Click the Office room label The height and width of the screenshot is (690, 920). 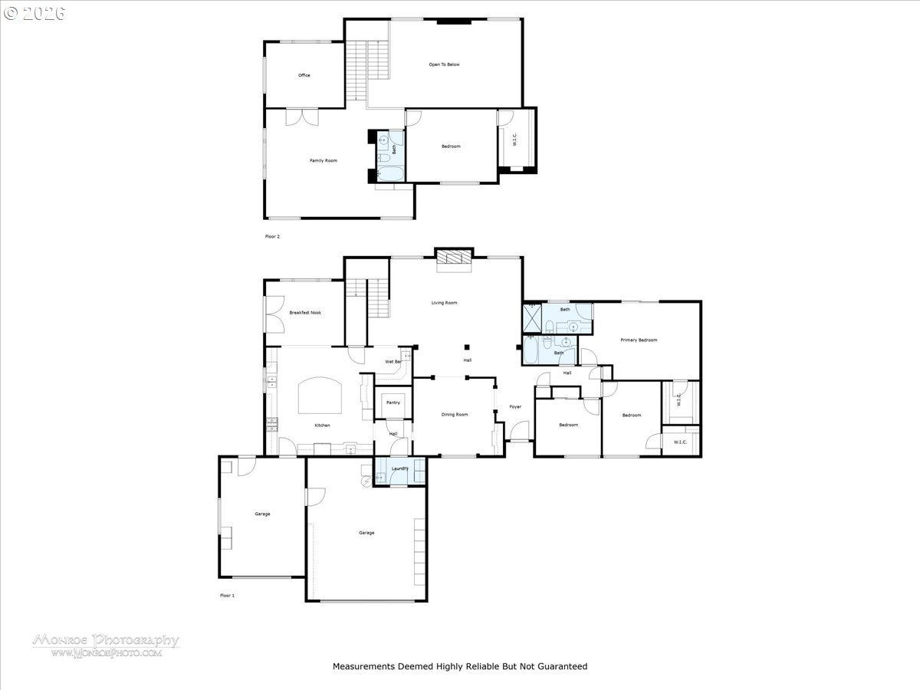[304, 75]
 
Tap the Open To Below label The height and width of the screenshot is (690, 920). [444, 64]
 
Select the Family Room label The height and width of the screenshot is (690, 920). [323, 160]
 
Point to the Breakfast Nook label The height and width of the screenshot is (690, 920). [304, 312]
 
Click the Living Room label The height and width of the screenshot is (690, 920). [444, 303]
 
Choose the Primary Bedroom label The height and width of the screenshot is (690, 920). [639, 340]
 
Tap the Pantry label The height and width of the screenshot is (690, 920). [393, 402]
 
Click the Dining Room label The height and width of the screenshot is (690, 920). [455, 415]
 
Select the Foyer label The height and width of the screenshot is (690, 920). [515, 406]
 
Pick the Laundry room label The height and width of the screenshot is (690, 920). [399, 468]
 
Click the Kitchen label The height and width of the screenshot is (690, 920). [323, 426]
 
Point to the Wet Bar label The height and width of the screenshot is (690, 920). [393, 361]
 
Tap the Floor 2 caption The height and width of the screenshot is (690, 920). [272, 237]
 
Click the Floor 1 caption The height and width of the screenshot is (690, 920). [227, 595]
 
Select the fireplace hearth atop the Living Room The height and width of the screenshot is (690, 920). [454, 260]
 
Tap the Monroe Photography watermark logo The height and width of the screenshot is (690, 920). [106, 645]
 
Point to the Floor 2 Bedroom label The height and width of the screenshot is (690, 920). [451, 146]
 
